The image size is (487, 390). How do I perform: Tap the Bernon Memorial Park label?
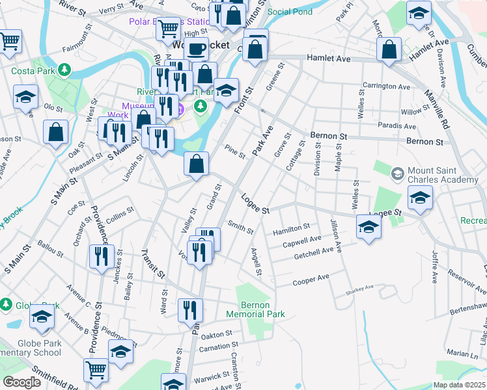(255, 309)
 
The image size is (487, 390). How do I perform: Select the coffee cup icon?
(195, 48)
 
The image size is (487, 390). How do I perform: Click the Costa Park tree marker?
(64, 69)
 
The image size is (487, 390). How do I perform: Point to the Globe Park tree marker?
(7, 304)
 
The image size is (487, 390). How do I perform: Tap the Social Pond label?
(290, 12)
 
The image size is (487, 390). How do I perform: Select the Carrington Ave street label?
(386, 86)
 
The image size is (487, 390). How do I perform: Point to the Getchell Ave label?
(313, 250)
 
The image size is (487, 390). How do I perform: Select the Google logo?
(21, 382)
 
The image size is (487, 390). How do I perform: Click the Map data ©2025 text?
(459, 385)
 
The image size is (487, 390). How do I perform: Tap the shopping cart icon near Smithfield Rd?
(96, 370)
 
